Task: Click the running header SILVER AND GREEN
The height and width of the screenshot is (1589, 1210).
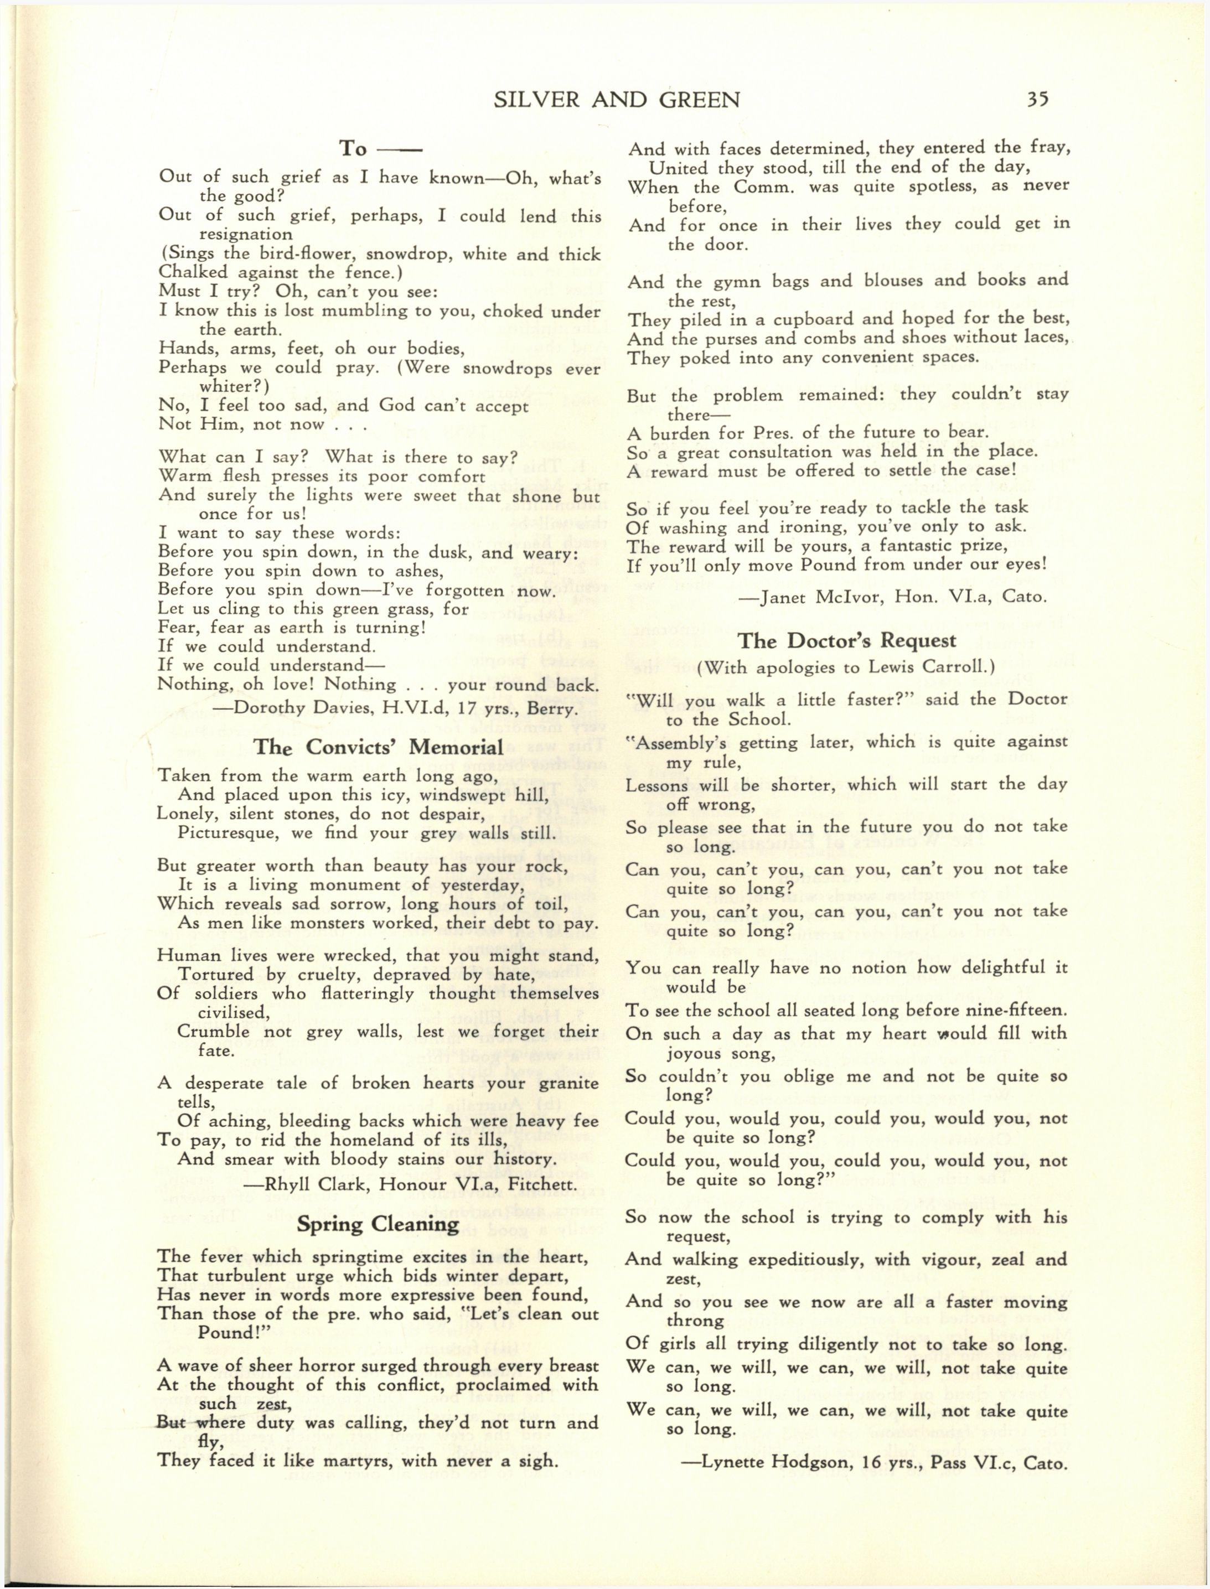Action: [617, 100]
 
